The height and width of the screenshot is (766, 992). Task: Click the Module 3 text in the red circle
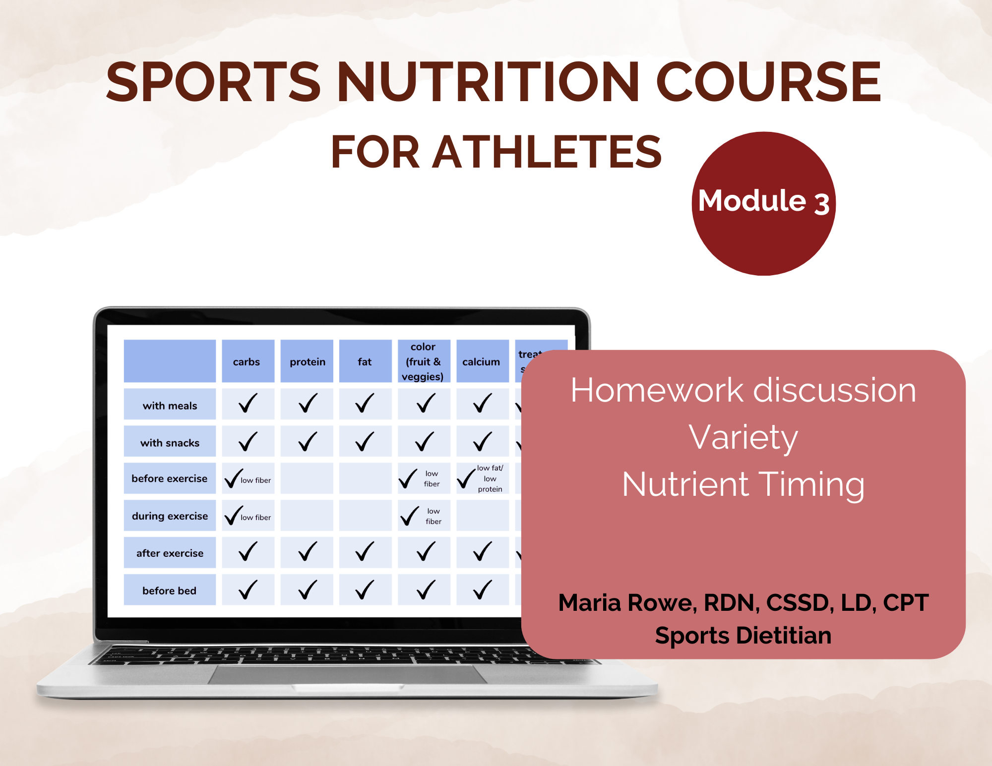click(763, 201)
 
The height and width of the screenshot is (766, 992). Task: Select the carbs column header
click(247, 362)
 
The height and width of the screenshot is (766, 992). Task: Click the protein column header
click(308, 362)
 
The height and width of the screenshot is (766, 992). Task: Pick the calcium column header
click(481, 362)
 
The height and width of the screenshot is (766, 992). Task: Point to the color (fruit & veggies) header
click(423, 361)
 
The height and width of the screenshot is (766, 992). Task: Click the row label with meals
click(170, 406)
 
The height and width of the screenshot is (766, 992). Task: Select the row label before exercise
click(170, 478)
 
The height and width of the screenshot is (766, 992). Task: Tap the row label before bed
click(170, 590)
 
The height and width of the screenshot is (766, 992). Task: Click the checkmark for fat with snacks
click(365, 441)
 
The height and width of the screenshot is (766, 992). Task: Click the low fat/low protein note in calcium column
click(490, 478)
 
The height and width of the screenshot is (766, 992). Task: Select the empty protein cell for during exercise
click(307, 516)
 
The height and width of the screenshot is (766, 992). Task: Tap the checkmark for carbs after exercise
click(248, 552)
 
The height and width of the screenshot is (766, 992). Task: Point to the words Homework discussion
click(743, 390)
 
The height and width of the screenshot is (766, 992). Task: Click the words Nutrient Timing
click(743, 484)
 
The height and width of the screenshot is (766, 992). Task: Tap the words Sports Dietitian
click(743, 636)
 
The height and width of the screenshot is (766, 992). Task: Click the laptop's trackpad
click(347, 674)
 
